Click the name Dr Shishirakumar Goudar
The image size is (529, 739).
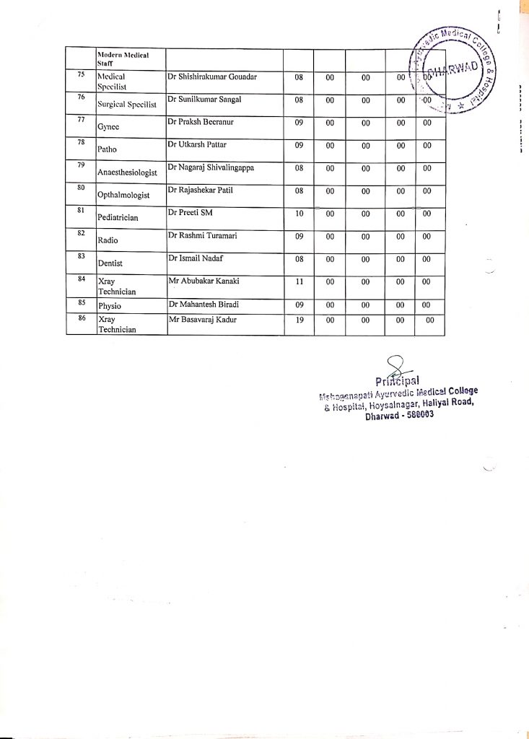212,76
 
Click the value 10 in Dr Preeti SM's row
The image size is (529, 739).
299,214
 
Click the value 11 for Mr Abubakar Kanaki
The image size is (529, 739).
299,281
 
